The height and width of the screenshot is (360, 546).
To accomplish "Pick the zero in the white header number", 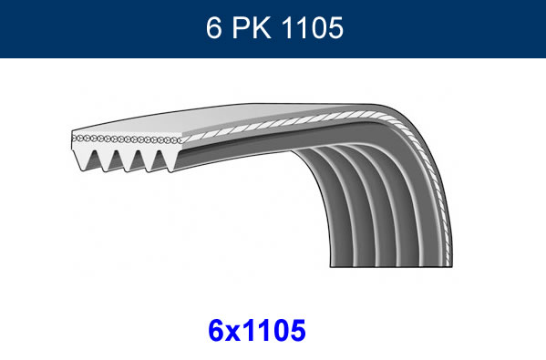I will tap(318, 28).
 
